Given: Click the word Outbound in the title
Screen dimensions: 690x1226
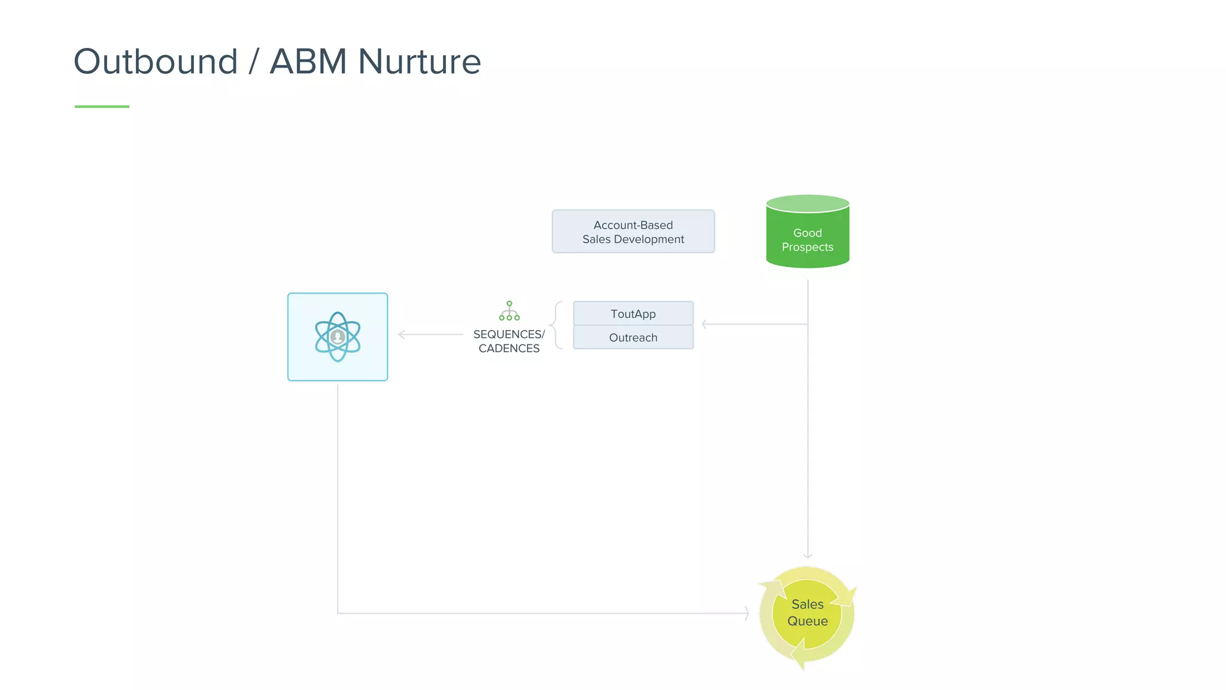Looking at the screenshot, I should click(156, 62).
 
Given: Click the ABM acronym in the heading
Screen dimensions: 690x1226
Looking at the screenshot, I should click(308, 62).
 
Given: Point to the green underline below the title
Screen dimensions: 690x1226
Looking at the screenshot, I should click(102, 107).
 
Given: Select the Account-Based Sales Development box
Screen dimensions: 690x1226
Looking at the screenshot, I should click(633, 232).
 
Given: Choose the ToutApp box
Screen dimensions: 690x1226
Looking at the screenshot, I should click(633, 314).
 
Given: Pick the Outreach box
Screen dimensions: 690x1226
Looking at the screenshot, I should click(633, 338).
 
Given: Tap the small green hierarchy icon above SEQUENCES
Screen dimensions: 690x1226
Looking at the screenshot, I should click(509, 311).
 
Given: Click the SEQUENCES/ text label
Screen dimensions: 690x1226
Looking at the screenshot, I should click(509, 334).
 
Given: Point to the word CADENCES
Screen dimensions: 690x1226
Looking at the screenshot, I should click(509, 349).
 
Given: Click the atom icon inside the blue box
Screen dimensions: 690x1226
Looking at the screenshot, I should click(338, 337).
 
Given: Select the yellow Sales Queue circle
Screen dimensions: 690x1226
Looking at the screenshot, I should click(807, 614).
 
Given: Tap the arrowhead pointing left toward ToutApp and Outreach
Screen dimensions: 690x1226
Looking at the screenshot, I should click(705, 324).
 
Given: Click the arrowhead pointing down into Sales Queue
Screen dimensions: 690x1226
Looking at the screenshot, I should click(808, 555).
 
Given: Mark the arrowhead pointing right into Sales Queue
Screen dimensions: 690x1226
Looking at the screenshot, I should click(746, 613).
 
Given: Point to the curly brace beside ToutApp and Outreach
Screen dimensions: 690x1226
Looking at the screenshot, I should click(556, 325).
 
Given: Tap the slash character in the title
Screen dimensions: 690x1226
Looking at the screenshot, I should click(254, 62).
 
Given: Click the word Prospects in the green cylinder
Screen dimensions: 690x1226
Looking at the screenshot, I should click(807, 247).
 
